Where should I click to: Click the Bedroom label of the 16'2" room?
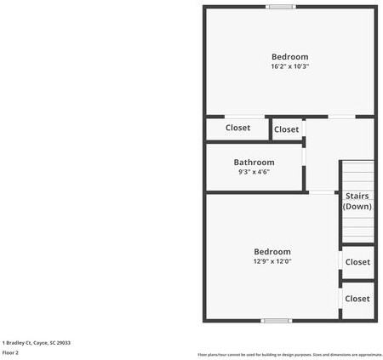point(289,57)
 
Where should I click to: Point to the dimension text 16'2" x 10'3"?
point(289,66)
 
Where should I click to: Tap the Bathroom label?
point(254,163)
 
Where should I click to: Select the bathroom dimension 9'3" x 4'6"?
point(254,172)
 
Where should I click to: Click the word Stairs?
point(357,196)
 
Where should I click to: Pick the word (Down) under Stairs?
point(357,207)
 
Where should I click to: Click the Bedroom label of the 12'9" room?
point(272,252)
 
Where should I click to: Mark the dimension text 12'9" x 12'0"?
point(272,261)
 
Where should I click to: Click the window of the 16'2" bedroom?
point(280,7)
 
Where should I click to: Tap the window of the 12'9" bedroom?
point(275,321)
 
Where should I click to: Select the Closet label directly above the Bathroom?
point(237,129)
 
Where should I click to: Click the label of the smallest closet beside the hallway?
point(286,129)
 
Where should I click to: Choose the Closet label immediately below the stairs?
point(357,262)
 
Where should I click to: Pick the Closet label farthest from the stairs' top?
point(357,299)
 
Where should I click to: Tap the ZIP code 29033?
point(65,342)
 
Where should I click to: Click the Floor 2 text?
point(10,352)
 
